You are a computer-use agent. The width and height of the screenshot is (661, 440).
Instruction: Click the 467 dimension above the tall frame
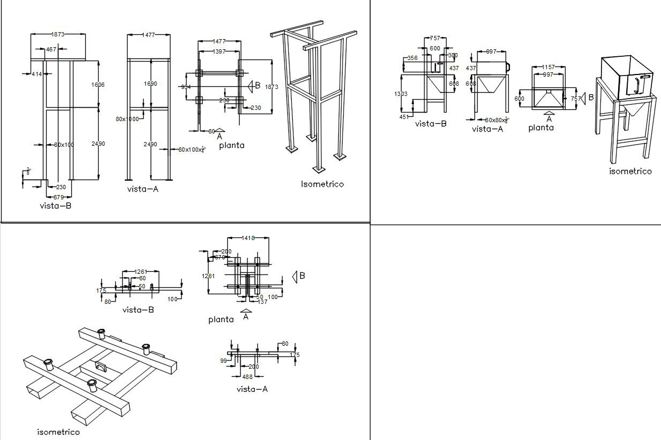51,49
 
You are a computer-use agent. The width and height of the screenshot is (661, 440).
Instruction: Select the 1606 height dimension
98,85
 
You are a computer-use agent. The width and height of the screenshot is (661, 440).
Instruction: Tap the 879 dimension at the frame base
58,197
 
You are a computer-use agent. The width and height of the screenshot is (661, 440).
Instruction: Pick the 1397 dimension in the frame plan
219,51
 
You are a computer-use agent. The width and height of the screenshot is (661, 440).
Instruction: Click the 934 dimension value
186,87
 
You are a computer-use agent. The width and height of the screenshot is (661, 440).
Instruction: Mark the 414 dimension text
36,74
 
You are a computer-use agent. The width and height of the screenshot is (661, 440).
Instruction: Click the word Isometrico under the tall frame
322,184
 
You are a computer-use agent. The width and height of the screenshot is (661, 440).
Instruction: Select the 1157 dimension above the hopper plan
548,67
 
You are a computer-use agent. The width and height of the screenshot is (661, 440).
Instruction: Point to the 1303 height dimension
400,94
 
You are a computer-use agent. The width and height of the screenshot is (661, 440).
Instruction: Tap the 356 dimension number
413,58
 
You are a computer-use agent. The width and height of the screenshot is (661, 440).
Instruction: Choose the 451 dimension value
404,116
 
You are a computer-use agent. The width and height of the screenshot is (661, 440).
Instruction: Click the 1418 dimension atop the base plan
248,238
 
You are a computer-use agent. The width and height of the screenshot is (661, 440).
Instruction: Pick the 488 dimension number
247,377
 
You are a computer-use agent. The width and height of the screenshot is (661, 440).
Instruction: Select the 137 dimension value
262,302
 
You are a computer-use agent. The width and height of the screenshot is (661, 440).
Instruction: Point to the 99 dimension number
224,361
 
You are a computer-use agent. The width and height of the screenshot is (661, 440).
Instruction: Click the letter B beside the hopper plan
591,98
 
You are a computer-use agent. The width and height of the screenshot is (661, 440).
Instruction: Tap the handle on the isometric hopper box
637,86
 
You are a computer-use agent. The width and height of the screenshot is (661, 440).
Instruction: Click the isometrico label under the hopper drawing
630,171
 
